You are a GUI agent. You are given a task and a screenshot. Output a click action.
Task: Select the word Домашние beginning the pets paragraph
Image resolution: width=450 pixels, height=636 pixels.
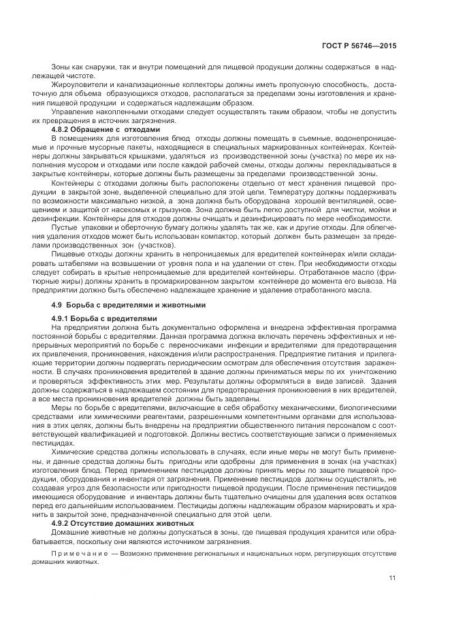pyautogui.click(x=71, y=534)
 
